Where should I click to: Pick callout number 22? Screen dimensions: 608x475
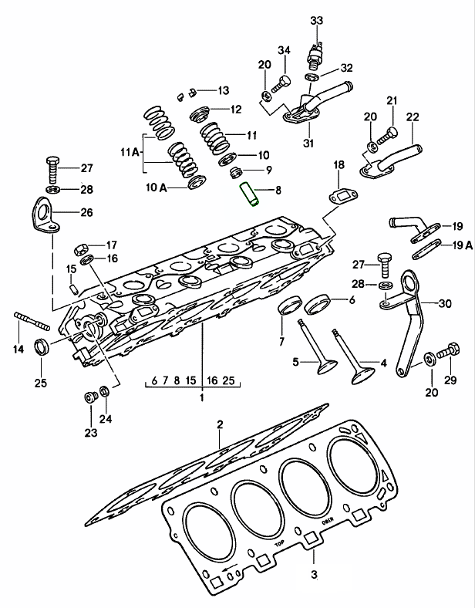coord(412,118)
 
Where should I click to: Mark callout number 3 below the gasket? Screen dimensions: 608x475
coord(313,574)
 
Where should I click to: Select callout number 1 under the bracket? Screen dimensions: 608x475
coord(201,398)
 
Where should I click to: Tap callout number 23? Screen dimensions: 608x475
coord(91,433)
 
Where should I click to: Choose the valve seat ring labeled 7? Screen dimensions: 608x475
coord(290,306)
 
